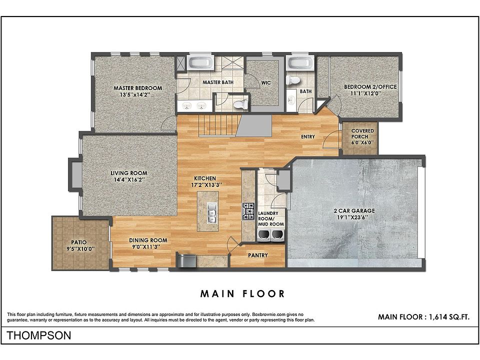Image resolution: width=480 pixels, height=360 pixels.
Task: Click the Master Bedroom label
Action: coord(138,88)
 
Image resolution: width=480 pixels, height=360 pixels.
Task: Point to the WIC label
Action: coord(266,82)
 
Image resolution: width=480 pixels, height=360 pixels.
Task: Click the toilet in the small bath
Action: coord(293,80)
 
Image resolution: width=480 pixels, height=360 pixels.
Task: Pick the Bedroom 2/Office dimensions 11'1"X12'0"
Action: coord(366,93)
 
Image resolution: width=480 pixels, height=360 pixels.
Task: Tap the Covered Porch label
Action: coord(362,134)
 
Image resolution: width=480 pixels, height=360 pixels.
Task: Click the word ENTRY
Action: coord(307,137)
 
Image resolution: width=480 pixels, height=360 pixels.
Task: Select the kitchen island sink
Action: coord(211,212)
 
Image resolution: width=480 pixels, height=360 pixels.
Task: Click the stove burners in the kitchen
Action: coord(248,211)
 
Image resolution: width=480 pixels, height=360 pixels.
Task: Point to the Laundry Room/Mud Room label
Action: coord(271,218)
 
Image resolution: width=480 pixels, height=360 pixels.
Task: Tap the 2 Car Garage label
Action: coord(354,210)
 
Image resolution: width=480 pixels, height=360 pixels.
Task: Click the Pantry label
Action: coord(258,255)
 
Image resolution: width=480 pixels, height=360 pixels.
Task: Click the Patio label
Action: coord(79,242)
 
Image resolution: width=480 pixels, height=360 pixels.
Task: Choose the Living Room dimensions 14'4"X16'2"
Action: coord(129,179)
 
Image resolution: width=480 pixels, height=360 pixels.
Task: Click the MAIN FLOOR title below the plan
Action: coord(242,294)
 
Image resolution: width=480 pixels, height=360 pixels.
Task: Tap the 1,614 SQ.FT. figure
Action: coord(449,317)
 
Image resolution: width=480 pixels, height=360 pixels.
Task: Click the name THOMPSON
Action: coord(39,335)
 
